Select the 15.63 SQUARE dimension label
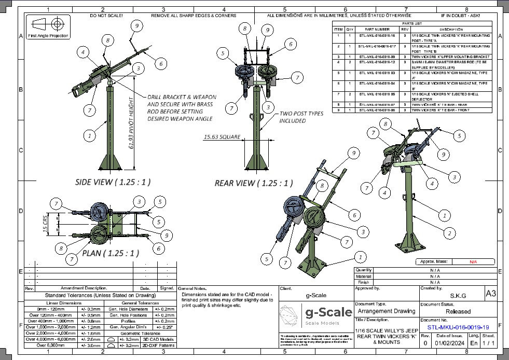222,137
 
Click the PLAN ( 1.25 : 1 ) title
110,254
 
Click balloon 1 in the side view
90,136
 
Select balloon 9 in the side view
136,26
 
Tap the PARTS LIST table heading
412,23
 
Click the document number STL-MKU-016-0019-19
458,328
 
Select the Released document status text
458,311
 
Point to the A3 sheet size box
490,294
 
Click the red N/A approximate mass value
473,262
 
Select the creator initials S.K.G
458,295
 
